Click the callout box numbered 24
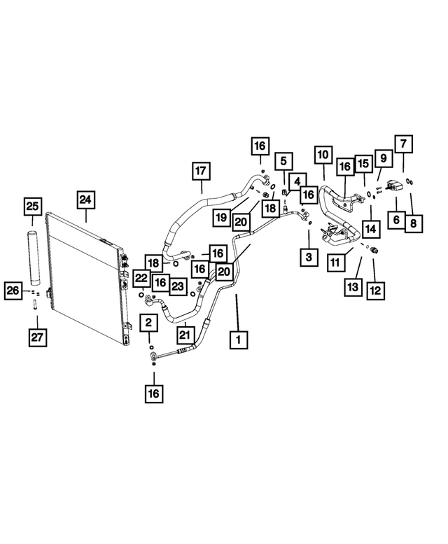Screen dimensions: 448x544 (85, 200)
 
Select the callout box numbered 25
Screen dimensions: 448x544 (33, 207)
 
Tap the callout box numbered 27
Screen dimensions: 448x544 (37, 337)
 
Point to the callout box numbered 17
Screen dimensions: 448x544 (201, 171)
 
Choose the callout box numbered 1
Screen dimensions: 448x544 (239, 340)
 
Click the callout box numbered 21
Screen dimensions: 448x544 (185, 335)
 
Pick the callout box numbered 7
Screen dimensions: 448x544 (404, 144)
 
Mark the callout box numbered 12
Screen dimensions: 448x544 (375, 290)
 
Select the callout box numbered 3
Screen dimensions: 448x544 (309, 257)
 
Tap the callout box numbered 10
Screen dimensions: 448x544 (323, 155)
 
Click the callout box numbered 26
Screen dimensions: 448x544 (13, 290)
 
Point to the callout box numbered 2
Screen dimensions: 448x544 (149, 323)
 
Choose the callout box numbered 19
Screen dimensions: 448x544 (221, 218)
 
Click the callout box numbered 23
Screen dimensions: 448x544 (178, 286)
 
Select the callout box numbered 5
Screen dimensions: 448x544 (283, 161)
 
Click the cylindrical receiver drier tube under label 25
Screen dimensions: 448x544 (34, 256)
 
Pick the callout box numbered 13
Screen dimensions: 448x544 (353, 287)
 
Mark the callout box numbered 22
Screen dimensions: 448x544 (142, 278)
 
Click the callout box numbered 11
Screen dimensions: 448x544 (336, 263)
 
